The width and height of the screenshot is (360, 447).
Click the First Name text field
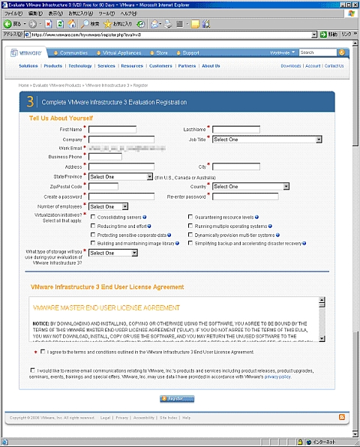click(112, 130)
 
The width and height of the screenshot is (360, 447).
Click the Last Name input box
click(235, 130)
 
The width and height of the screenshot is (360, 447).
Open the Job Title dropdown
click(266, 139)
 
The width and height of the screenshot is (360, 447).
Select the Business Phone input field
click(104, 157)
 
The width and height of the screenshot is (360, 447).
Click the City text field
click(235, 166)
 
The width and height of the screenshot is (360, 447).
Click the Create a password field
click(116, 196)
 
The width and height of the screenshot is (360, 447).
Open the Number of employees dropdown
click(108, 206)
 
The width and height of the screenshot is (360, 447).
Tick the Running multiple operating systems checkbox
click(189, 226)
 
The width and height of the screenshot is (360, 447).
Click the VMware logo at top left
click(27, 53)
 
